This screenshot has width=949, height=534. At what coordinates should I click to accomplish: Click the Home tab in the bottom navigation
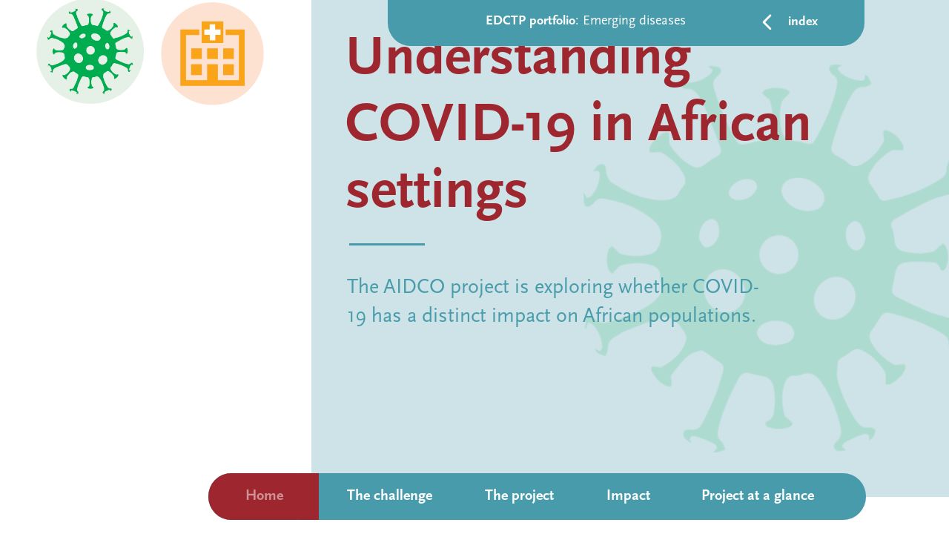[x=264, y=496]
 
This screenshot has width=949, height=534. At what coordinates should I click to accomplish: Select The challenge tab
[x=389, y=496]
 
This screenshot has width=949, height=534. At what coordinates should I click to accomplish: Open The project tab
[x=519, y=496]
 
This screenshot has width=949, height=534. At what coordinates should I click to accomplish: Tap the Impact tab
[x=628, y=496]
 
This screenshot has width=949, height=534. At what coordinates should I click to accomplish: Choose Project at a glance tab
[x=757, y=496]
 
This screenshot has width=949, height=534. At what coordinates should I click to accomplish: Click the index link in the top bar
[x=802, y=22]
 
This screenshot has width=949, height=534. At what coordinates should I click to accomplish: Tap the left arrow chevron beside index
[x=767, y=22]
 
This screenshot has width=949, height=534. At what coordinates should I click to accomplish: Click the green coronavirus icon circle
[x=90, y=52]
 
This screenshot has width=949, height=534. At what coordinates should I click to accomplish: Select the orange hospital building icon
[x=212, y=54]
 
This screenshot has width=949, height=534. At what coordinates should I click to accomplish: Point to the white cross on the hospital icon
[x=212, y=32]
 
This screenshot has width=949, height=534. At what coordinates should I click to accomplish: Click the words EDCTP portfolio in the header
[x=530, y=21]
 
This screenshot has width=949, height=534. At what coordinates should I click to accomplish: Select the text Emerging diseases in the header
[x=634, y=21]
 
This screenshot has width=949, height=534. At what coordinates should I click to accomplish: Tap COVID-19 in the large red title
[x=460, y=124]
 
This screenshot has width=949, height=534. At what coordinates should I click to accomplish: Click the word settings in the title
[x=436, y=191]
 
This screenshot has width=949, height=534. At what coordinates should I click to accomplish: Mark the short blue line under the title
[x=386, y=244]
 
